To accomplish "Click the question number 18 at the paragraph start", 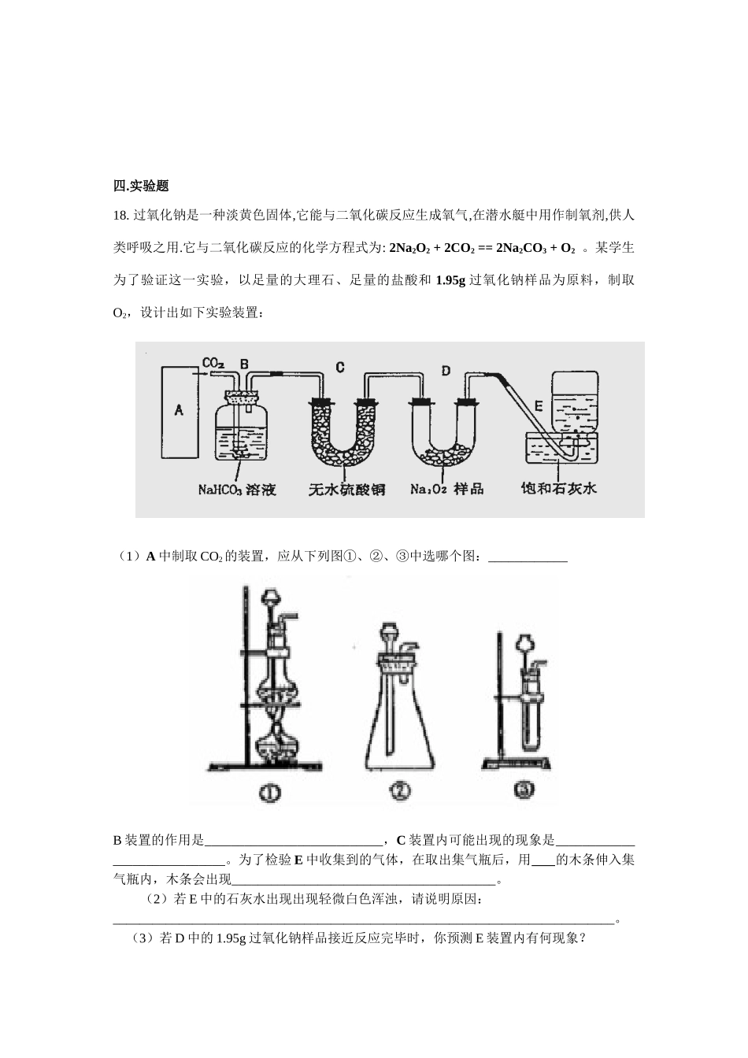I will pos(120,215).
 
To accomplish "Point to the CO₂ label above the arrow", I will pos(213,363).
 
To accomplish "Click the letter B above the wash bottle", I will pos(244,364).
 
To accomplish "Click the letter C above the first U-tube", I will pos(339,367).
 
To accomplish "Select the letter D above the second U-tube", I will pos(446,369).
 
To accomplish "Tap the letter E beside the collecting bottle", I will pos(539,405).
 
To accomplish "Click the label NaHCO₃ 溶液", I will pos(237,490).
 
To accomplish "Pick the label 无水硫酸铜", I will pos(346,490).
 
